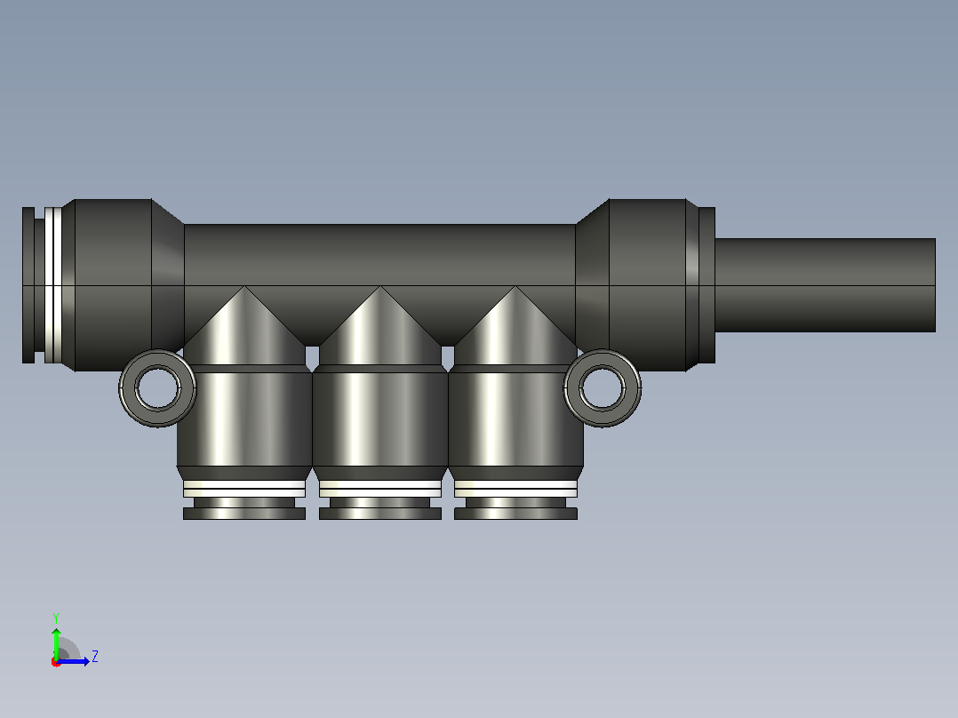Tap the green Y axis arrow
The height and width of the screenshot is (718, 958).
pos(56,642)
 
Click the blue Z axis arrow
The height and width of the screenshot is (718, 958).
pos(73,661)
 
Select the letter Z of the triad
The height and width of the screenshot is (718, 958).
pos(95,657)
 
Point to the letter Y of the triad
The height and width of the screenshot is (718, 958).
pos(56,618)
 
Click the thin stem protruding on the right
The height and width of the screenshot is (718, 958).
pos(825,285)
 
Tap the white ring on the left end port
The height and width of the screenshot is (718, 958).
pos(53,285)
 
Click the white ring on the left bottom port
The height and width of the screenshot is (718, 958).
pos(244,489)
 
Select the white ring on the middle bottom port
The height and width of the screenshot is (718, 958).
pos(380,489)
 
